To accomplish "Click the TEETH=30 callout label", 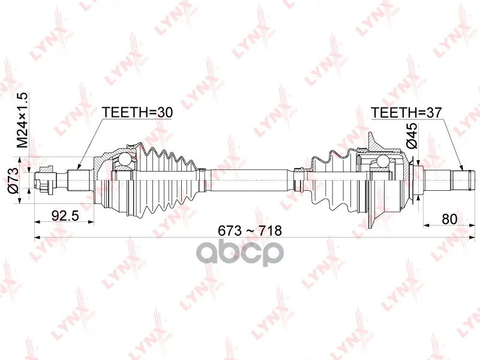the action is click(x=137, y=112).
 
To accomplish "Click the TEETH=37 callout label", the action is click(x=407, y=113).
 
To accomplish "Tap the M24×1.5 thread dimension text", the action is click(x=22, y=120).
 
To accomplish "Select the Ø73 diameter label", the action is click(x=14, y=181).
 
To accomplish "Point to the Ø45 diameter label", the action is click(x=412, y=136).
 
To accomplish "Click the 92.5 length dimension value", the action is click(x=65, y=216).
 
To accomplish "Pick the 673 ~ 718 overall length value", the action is click(x=250, y=230).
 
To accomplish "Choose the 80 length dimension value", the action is click(x=449, y=219).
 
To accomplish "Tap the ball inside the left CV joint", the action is click(x=125, y=160).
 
